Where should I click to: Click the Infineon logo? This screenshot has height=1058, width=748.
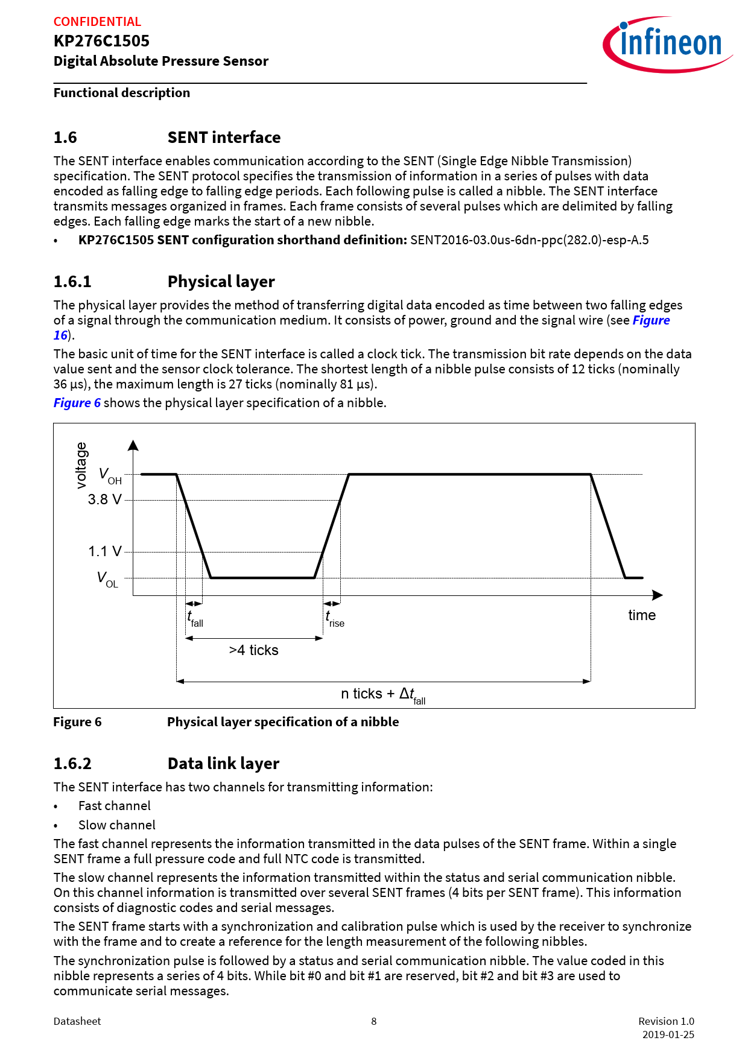click(667, 44)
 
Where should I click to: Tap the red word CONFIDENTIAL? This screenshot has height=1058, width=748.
click(97, 22)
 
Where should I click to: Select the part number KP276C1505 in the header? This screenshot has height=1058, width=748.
click(101, 41)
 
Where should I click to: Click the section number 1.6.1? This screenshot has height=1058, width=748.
click(72, 282)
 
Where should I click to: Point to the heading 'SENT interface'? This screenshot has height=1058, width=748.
click(224, 138)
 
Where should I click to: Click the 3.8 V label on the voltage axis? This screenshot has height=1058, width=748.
click(104, 499)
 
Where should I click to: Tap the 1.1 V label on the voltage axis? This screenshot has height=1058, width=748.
click(104, 551)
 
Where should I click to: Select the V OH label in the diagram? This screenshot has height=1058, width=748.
click(110, 476)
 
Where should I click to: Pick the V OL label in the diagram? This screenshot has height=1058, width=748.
click(107, 580)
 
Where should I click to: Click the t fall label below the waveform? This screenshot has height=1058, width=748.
click(195, 619)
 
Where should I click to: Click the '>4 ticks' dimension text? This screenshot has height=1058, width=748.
click(253, 650)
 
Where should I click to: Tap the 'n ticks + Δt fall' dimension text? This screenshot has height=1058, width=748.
click(383, 695)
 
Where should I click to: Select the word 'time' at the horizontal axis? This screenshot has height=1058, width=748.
click(641, 615)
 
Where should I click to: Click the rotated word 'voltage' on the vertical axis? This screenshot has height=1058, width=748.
click(81, 465)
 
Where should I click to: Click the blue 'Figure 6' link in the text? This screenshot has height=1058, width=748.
click(77, 402)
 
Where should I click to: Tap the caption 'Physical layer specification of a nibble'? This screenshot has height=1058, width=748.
click(283, 722)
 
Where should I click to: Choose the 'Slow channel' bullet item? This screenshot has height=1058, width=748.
click(116, 825)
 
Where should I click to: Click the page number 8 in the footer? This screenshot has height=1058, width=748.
click(374, 1021)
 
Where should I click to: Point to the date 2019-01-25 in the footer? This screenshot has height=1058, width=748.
click(668, 1034)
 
